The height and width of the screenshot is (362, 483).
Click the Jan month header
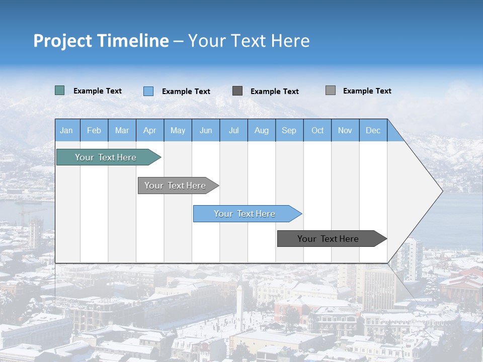67,130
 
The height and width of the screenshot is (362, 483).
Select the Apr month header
150,130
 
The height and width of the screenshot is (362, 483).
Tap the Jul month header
233,130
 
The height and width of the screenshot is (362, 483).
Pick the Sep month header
289,130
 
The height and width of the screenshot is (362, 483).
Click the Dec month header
373,130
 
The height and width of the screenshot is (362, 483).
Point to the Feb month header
94,130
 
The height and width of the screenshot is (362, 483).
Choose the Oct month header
317,130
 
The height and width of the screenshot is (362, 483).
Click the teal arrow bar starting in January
106,157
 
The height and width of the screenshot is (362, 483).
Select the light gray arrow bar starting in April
175,186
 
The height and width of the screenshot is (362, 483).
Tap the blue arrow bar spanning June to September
245,214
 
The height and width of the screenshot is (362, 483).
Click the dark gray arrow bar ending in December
328,239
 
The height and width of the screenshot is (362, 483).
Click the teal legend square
60,90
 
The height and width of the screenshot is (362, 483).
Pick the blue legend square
148,91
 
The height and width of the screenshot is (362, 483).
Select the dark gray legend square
237,91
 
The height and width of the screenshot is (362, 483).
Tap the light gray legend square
331,90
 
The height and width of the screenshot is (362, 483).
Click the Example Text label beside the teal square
98,91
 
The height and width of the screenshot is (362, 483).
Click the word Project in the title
62,41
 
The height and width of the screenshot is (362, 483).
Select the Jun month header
206,130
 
